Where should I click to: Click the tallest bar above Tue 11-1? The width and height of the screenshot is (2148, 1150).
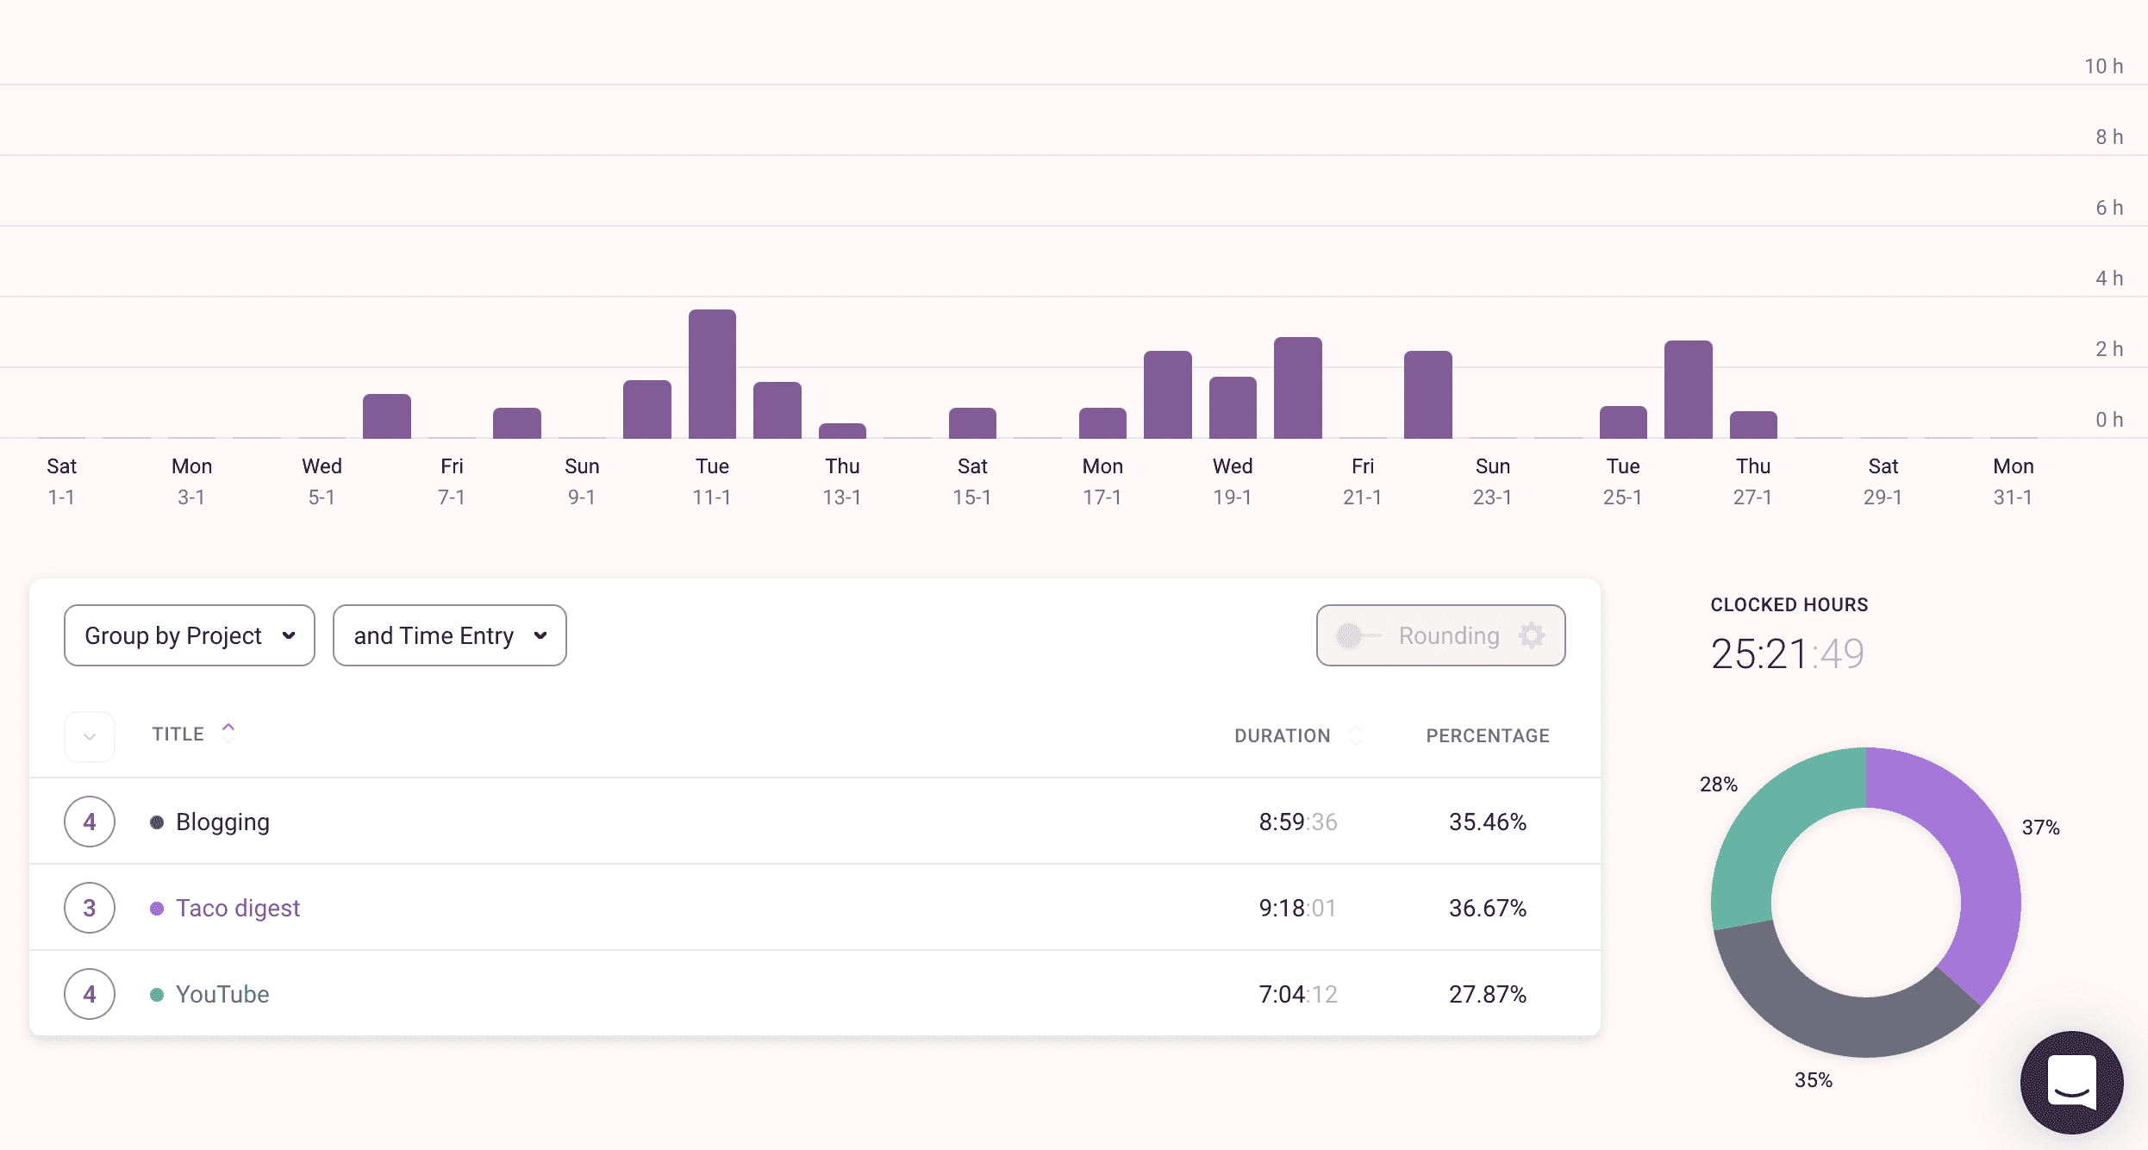712,374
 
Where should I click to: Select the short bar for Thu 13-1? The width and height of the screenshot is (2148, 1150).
842,430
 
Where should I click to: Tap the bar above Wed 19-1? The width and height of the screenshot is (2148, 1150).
1233,408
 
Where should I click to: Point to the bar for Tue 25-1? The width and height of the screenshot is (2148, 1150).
1623,422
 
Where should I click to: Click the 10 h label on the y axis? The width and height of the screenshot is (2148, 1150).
2103,66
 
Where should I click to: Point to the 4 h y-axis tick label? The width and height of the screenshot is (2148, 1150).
2108,278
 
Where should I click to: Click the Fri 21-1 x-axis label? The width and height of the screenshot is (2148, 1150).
1362,481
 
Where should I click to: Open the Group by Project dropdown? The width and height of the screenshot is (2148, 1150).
190,635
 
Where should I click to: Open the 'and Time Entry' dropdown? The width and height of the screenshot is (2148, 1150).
449,635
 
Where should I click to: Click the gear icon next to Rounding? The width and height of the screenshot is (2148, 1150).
1531,635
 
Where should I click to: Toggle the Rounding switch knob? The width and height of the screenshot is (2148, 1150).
1350,635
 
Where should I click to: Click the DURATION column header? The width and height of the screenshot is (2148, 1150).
1282,735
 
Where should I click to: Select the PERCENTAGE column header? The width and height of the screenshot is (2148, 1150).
1487,735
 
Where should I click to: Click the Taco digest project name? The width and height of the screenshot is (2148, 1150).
238,908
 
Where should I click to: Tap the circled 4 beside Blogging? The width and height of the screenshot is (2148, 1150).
90,822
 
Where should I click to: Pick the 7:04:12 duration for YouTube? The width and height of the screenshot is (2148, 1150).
1297,994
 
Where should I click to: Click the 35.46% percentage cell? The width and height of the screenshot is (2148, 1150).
1487,822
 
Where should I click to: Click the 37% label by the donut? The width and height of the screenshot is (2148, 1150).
2040,828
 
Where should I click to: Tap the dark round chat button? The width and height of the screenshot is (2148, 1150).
2071,1082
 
